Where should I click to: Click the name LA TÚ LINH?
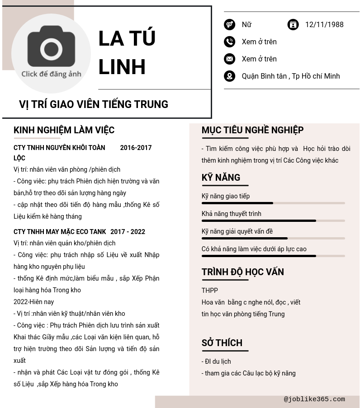[127, 52]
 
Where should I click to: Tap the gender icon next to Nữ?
[229, 24]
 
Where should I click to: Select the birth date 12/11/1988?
[324, 25]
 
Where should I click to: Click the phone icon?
[229, 42]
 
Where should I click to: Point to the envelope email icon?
[229, 59]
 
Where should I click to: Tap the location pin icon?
[229, 76]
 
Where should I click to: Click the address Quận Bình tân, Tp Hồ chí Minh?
[290, 76]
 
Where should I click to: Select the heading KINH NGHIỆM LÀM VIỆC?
[64, 130]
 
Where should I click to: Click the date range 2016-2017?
[136, 148]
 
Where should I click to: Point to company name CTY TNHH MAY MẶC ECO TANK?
[60, 232]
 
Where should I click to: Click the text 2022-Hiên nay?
[33, 302]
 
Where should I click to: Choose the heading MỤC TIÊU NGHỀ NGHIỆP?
[252, 130]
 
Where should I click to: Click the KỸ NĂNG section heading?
[221, 178]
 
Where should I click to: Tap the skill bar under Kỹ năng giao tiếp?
[273, 203]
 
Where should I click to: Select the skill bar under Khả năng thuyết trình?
[273, 221]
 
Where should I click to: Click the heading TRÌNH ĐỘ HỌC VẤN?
[242, 272]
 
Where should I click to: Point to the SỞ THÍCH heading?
[222, 343]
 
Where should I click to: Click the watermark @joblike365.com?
[314, 399]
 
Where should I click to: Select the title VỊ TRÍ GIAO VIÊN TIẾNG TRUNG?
[93, 104]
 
